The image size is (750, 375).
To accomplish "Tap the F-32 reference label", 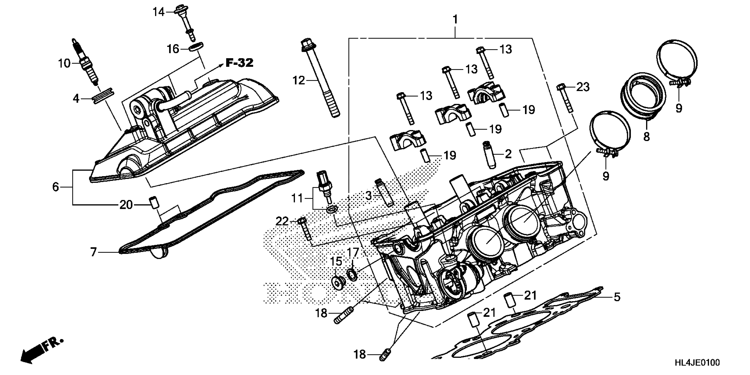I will [x=239, y=63].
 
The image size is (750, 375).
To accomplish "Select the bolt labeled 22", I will [x=304, y=233].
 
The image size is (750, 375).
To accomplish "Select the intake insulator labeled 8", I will [x=643, y=99].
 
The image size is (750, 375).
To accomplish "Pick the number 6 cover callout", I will [x=56, y=187].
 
